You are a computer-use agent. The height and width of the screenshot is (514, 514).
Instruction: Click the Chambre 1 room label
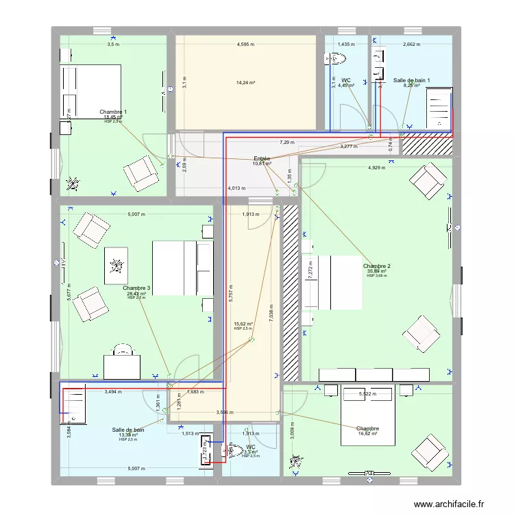(x=113, y=112)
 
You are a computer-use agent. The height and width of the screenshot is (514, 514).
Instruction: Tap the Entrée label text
(x=262, y=158)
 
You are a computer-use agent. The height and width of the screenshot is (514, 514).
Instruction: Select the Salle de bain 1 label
(x=411, y=80)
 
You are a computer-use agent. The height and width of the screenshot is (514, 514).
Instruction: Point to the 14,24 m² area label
(x=245, y=82)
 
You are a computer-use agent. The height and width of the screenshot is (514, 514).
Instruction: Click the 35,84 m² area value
(x=377, y=271)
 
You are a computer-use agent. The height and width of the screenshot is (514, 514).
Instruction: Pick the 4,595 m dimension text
(x=245, y=45)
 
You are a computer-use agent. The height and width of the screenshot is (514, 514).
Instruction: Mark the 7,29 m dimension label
(x=286, y=143)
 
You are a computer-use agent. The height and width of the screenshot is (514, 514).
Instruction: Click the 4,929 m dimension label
(x=377, y=168)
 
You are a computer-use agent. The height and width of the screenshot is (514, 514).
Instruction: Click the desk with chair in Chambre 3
(x=122, y=361)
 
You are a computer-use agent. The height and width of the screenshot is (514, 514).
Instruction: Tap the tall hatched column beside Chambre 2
(x=291, y=293)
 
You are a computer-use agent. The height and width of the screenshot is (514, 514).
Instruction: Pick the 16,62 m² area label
(x=367, y=434)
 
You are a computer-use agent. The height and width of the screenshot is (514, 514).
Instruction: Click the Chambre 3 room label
(x=136, y=289)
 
